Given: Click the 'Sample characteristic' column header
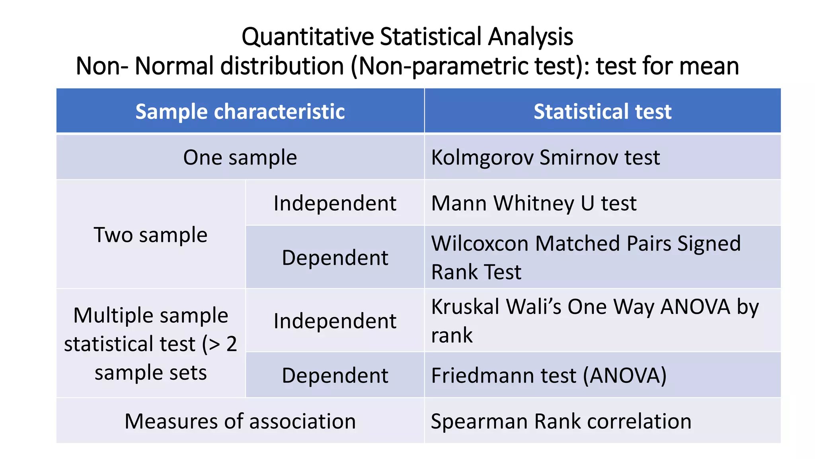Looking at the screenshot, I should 240,112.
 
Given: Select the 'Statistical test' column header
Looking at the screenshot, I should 602,112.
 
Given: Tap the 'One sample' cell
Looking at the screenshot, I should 240,157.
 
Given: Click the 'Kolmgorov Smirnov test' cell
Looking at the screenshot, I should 545,157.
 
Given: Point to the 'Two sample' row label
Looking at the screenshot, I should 150,235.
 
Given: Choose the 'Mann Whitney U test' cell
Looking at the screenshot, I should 534,203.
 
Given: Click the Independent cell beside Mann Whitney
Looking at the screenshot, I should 335,203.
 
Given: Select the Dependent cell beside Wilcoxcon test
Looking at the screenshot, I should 335,258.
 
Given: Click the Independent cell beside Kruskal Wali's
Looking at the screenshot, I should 335,321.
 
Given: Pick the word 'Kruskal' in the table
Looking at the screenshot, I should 465,307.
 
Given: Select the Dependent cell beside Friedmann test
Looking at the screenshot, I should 335,375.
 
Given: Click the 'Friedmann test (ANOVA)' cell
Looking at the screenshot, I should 548,375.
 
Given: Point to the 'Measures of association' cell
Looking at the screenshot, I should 240,421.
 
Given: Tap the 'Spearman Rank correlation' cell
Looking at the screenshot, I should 561,421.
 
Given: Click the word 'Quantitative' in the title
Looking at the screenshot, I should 308,37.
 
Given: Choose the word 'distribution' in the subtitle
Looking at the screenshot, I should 282,66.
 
